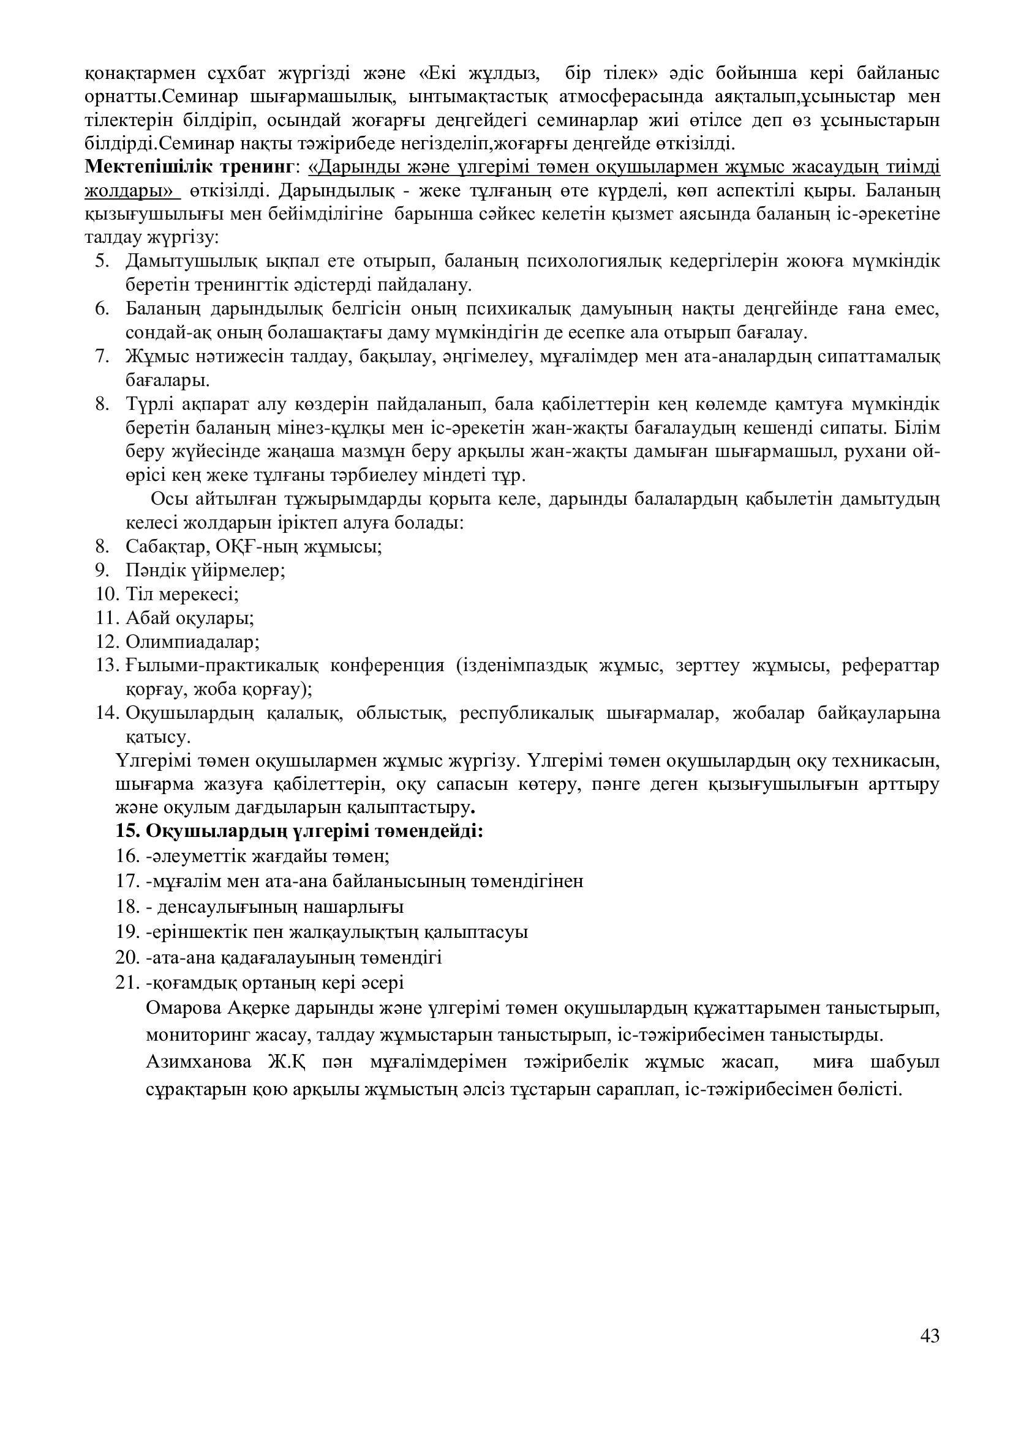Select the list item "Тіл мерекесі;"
coord(182,594)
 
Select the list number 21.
coord(127,983)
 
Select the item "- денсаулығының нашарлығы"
coord(274,907)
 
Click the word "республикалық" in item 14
coord(525,713)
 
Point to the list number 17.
coord(127,881)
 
